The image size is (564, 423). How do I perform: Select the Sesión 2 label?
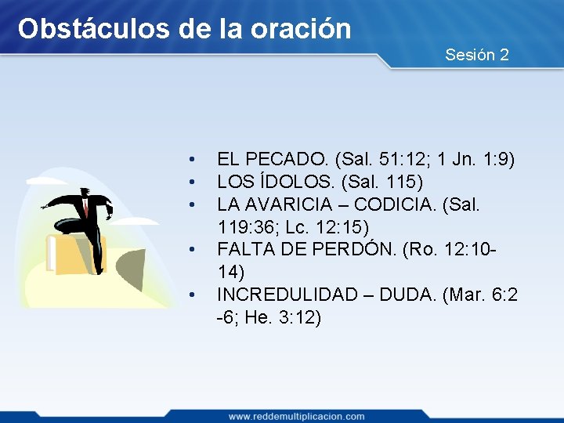point(477,55)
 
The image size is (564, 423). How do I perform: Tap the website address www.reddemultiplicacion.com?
point(296,416)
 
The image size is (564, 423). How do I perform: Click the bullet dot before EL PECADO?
point(190,161)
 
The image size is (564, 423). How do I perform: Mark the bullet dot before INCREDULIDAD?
point(190,295)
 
